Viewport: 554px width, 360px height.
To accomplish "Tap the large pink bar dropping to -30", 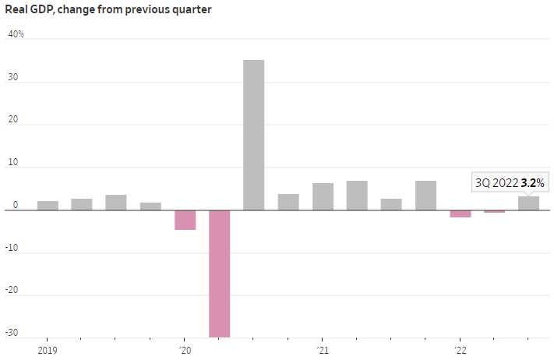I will (220, 273).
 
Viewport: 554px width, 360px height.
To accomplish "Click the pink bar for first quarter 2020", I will (185, 220).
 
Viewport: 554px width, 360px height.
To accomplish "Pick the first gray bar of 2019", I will (48, 206).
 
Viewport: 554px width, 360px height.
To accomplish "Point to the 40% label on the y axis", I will (16, 34).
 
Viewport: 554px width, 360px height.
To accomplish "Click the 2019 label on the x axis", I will (48, 350).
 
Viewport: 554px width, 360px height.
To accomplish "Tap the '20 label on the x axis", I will (185, 350).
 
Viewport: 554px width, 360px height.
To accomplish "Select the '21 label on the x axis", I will (323, 350).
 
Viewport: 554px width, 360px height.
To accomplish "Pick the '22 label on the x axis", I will (460, 350).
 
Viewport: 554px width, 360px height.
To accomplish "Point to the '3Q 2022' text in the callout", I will (497, 183).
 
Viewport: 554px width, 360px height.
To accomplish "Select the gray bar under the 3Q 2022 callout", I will (529, 203).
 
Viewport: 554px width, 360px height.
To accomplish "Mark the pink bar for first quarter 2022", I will (460, 214).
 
